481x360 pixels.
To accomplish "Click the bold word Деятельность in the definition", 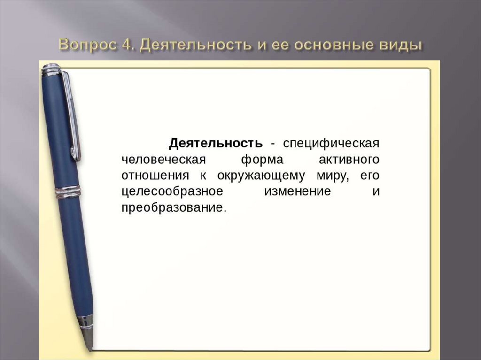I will pos(215,143).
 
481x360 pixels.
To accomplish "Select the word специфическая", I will pos(331,143).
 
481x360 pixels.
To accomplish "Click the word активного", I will pos(349,159).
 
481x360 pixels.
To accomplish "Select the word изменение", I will pos(297,191).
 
